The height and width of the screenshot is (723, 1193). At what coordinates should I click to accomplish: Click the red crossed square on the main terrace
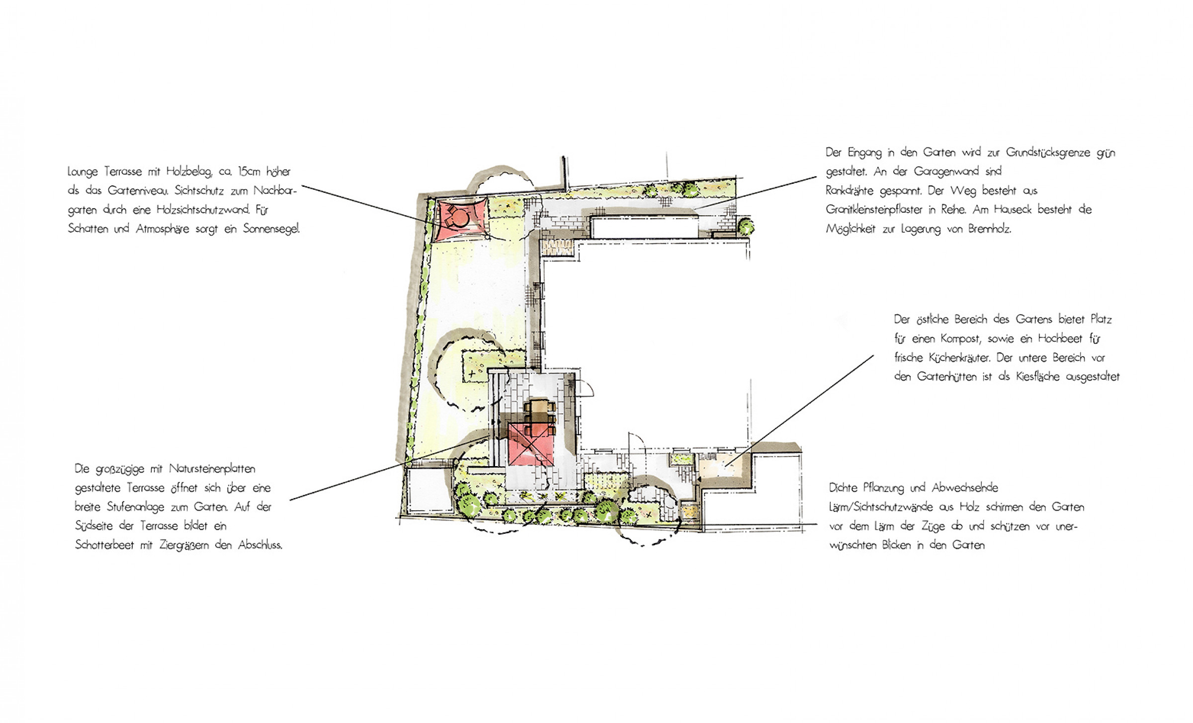pyautogui.click(x=530, y=444)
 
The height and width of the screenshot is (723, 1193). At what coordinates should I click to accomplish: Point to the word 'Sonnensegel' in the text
pyautogui.click(x=271, y=230)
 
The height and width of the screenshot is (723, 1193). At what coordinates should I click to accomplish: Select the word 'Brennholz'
pyautogui.click(x=989, y=230)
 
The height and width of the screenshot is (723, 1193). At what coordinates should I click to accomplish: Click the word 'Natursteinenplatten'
pyautogui.click(x=212, y=469)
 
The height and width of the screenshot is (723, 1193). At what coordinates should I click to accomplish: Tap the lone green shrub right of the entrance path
pyautogui.click(x=745, y=227)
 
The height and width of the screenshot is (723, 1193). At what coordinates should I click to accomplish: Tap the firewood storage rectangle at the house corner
pyautogui.click(x=559, y=244)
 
